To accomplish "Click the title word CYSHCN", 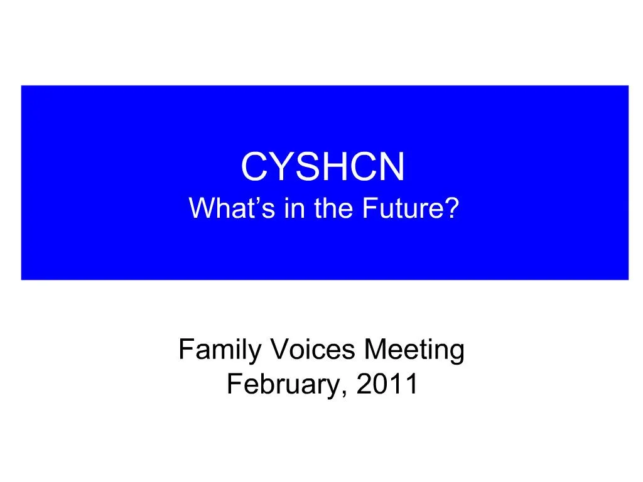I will pyautogui.click(x=323, y=168).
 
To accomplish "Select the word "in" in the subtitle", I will pyautogui.click(x=293, y=208).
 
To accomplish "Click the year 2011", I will pyautogui.click(x=387, y=384).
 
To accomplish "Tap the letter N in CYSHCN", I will pyautogui.click(x=393, y=168).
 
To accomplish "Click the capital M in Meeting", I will pyautogui.click(x=376, y=350).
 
